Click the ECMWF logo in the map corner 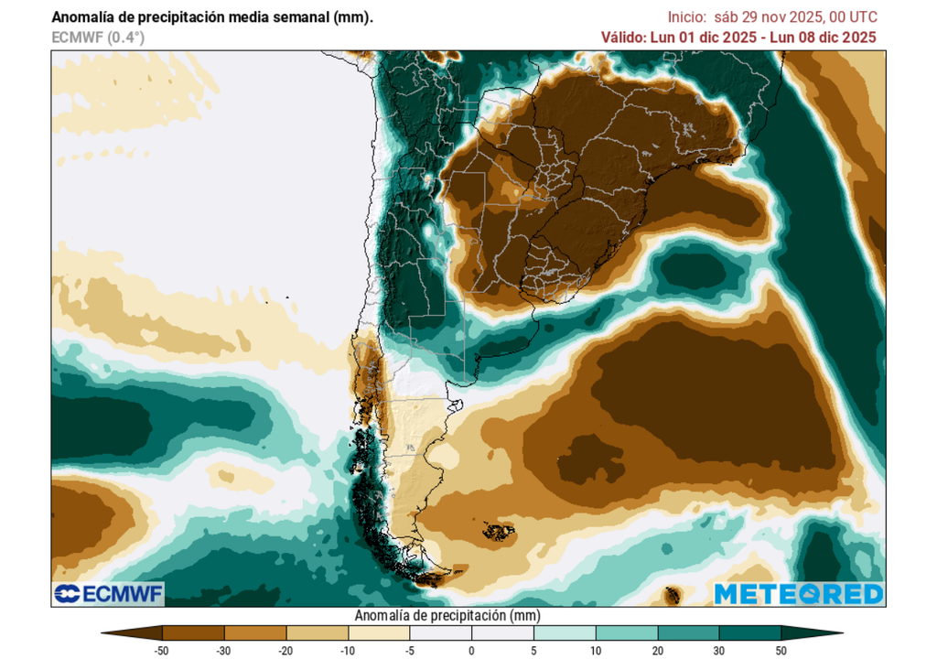point(108,594)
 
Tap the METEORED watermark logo point(798,594)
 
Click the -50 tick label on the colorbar point(163,650)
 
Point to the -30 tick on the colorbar point(224,650)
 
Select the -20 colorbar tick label point(286,650)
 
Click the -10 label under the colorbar point(348,650)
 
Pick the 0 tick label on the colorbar point(471,650)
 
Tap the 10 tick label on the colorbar point(595,650)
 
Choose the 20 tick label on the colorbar point(657,650)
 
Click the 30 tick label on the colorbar point(718,650)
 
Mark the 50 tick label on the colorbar point(781,650)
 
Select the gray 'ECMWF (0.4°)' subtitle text point(98,38)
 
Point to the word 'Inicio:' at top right point(687,16)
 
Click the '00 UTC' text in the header point(853,16)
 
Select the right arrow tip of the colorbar point(839,632)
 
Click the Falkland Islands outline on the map point(499,531)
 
